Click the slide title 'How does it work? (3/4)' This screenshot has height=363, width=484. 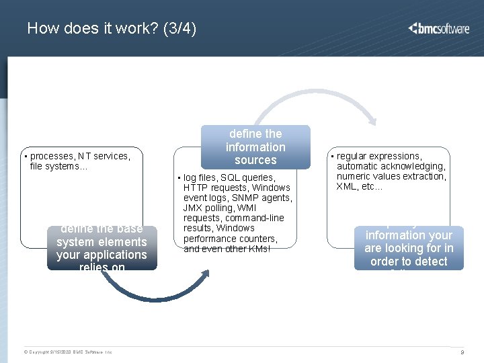pyautogui.click(x=112, y=29)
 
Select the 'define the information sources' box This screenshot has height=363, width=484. pyautogui.click(x=255, y=147)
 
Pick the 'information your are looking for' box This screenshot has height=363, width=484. pyautogui.click(x=409, y=248)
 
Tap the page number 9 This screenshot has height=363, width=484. pyautogui.click(x=462, y=352)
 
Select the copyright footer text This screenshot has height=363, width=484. pyautogui.click(x=68, y=352)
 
